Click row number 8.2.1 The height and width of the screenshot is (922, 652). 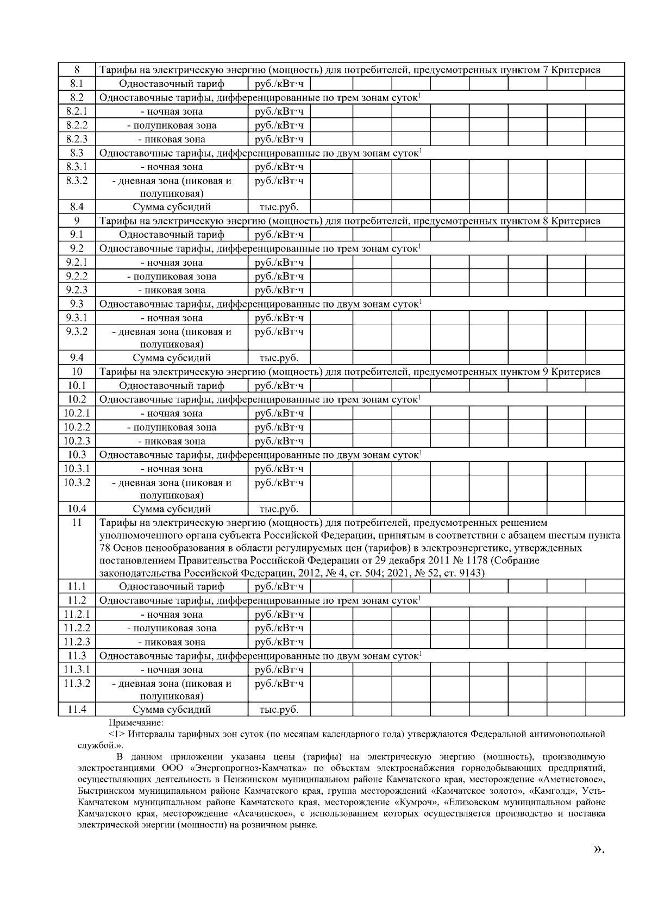tap(77, 111)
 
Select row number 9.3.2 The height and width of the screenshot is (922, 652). tap(77, 331)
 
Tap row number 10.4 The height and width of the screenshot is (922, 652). tap(77, 509)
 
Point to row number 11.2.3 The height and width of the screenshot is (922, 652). tap(77, 642)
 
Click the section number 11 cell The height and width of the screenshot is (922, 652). tap(77, 523)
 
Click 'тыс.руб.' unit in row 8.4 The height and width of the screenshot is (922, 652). tap(279, 207)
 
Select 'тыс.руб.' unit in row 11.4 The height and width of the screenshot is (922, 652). tap(279, 710)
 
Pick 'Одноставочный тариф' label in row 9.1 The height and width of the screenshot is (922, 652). tap(172, 235)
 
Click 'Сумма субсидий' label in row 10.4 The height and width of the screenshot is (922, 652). tap(172, 509)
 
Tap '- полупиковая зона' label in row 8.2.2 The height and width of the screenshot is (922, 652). tap(172, 125)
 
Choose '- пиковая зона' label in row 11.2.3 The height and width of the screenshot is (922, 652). tap(172, 642)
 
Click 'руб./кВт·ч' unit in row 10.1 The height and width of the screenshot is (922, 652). tap(279, 386)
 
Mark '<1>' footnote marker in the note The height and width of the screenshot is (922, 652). tap(116, 734)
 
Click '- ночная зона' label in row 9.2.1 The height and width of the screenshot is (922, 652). tap(172, 262)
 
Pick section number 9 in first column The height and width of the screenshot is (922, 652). tap(77, 221)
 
